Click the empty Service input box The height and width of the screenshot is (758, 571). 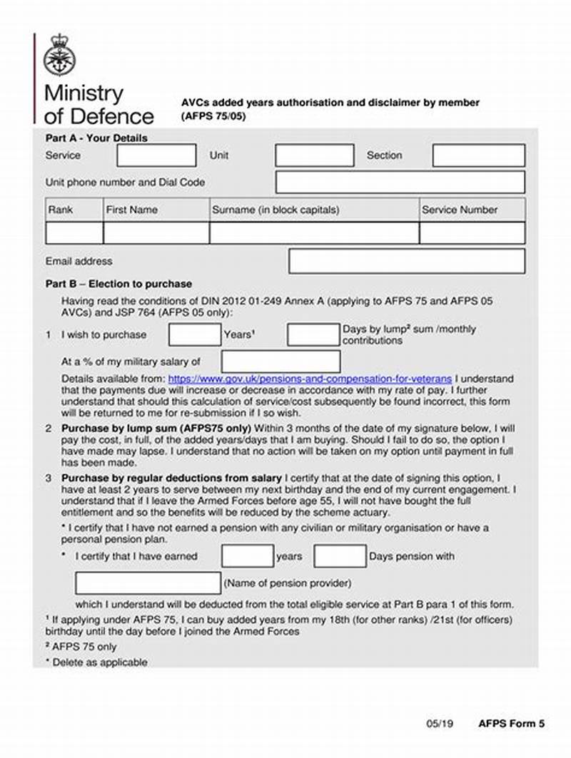[156, 155]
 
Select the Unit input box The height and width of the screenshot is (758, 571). [315, 155]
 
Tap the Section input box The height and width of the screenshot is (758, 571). [479, 155]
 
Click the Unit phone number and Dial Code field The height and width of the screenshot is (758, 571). [400, 183]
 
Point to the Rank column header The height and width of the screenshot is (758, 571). [61, 210]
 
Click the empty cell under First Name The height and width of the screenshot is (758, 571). [156, 233]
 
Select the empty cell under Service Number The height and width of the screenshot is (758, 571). [472, 233]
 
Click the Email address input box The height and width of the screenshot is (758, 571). [407, 261]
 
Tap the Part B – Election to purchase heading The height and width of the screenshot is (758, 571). [118, 284]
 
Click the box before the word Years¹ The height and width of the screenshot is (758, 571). [195, 335]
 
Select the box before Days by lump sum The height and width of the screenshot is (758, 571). [313, 335]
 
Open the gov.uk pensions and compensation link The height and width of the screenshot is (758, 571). [310, 379]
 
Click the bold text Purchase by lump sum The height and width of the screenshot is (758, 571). [156, 429]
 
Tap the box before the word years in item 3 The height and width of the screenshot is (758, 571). [247, 556]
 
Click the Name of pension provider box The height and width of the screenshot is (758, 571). [148, 583]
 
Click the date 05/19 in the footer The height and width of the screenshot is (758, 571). [440, 723]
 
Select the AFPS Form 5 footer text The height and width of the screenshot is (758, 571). [511, 723]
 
